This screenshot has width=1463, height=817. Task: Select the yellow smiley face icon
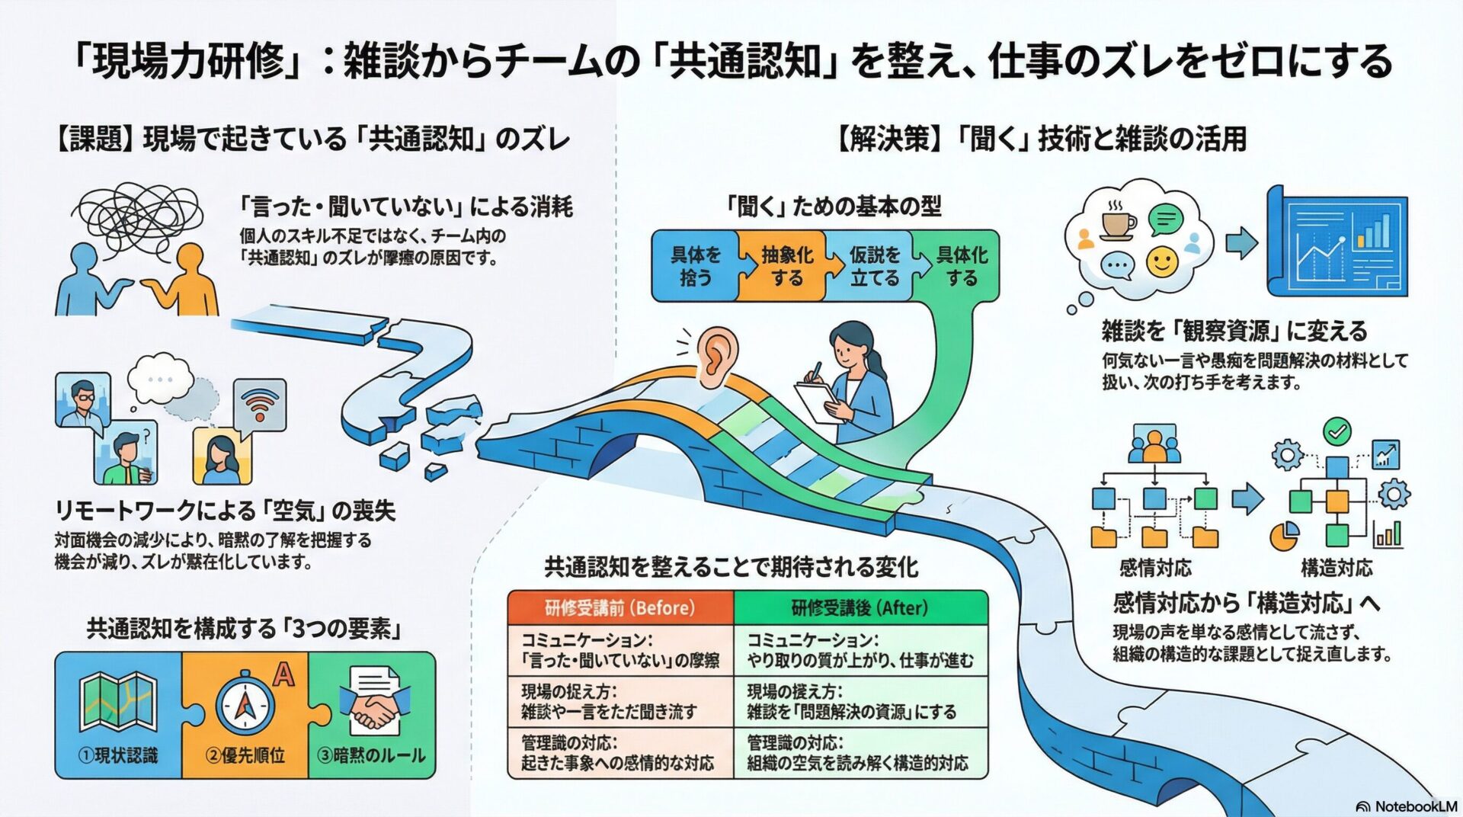pos(1162,262)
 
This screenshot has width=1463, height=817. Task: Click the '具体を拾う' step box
pos(695,266)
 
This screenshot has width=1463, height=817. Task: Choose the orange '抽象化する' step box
pos(785,266)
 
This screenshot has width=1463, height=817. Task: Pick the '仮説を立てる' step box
pos(874,266)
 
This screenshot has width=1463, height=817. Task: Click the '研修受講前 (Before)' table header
pos(620,608)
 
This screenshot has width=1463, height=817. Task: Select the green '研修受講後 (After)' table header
pos(860,608)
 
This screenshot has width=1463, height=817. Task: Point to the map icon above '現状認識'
pos(118,701)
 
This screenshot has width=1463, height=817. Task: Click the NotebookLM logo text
pos(1416,806)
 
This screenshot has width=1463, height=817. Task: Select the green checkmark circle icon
pos(1337,432)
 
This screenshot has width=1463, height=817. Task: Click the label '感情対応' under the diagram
pos(1155,568)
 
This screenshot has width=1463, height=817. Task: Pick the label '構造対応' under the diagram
pos(1337,568)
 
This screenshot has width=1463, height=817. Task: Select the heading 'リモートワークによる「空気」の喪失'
pos(226,511)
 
